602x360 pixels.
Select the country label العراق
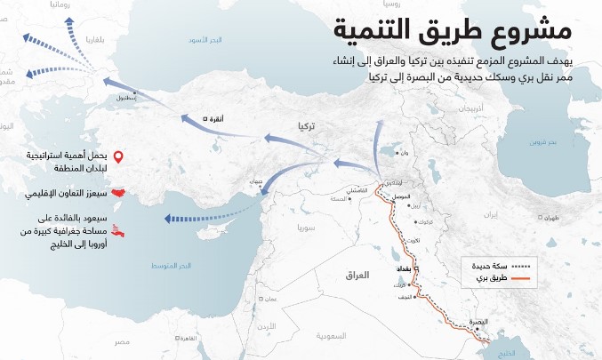[356, 276]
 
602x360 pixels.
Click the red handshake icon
[117, 191]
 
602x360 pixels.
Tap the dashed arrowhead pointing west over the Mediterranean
[165, 220]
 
